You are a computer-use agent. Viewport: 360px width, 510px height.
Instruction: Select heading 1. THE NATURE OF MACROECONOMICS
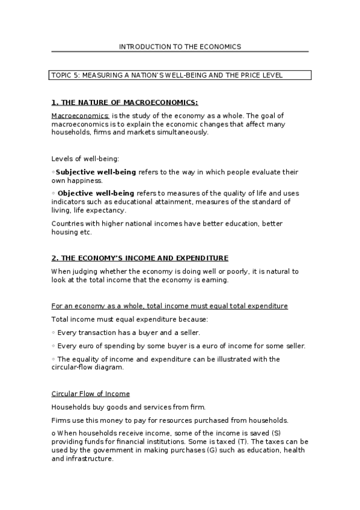[x=124, y=102]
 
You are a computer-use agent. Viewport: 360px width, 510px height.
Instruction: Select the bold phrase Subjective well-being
[x=96, y=172]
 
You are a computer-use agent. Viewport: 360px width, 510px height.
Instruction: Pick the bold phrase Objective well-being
[x=96, y=193]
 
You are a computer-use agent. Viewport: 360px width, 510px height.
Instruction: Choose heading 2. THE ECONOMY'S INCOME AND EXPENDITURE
[x=139, y=258]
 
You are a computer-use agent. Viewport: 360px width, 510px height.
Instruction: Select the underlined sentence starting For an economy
[x=169, y=306]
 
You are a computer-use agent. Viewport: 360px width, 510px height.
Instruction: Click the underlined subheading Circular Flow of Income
[x=90, y=394]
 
